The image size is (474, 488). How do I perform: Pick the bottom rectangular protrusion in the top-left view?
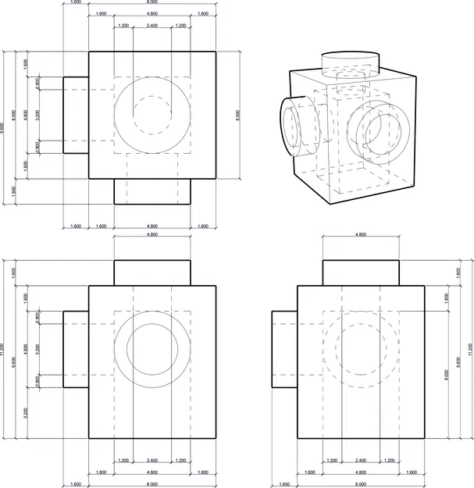click(x=152, y=191)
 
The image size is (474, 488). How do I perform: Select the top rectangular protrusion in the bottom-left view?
click(x=152, y=272)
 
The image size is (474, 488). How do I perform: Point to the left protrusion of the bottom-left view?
click(x=76, y=349)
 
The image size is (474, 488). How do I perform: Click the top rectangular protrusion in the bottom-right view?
click(x=362, y=272)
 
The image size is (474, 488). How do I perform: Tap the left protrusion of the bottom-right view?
click(x=285, y=349)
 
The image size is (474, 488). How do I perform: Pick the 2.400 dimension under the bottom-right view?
click(x=362, y=460)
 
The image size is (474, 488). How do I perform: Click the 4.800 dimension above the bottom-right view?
click(x=362, y=234)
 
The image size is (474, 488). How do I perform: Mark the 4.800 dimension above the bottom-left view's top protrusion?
click(x=152, y=234)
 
